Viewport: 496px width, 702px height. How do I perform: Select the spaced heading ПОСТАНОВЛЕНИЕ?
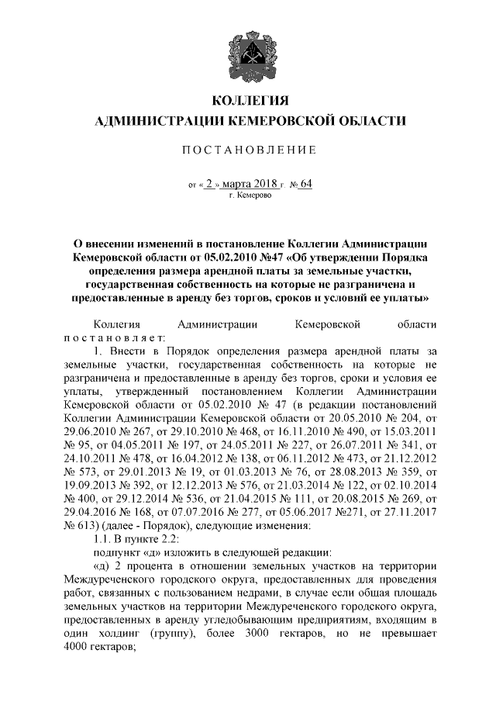point(249,149)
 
